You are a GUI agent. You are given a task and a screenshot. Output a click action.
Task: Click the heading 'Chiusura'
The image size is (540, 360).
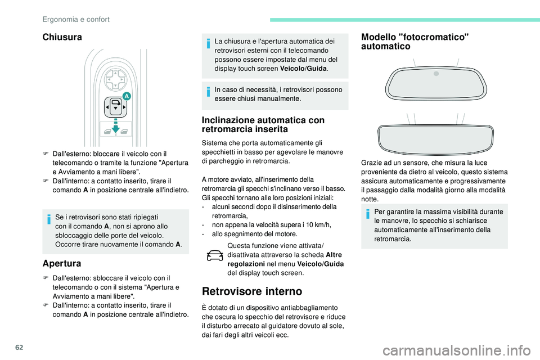click(62, 37)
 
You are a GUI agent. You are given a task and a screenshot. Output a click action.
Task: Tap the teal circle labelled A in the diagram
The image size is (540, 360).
click(127, 97)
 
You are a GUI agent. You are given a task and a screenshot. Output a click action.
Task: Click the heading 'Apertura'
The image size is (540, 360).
click(61, 263)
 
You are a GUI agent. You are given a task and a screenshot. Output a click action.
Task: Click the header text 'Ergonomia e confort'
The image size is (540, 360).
click(76, 19)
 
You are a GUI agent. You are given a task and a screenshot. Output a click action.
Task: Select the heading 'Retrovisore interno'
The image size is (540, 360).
click(252, 291)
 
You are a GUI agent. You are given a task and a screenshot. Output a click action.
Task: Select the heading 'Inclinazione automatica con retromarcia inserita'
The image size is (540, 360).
click(262, 124)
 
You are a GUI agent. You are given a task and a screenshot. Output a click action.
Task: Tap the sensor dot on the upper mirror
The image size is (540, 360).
click(436, 73)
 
